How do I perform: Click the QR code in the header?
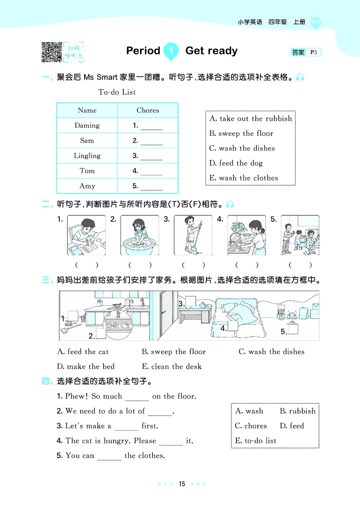tap(52, 52)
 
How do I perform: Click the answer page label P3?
tap(314, 53)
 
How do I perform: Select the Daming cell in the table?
tap(87, 125)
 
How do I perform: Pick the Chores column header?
tap(148, 110)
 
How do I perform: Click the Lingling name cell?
tap(87, 156)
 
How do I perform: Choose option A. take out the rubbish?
tap(251, 119)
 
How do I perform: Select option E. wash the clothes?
tap(243, 178)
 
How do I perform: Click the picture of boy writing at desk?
tap(86, 236)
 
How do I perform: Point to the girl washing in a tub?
tap(139, 236)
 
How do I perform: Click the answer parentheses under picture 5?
tap(300, 265)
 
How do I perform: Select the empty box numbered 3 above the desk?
tap(190, 301)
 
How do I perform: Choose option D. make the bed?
tap(86, 366)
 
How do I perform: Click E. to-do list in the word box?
tap(256, 441)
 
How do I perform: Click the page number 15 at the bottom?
tap(182, 484)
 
